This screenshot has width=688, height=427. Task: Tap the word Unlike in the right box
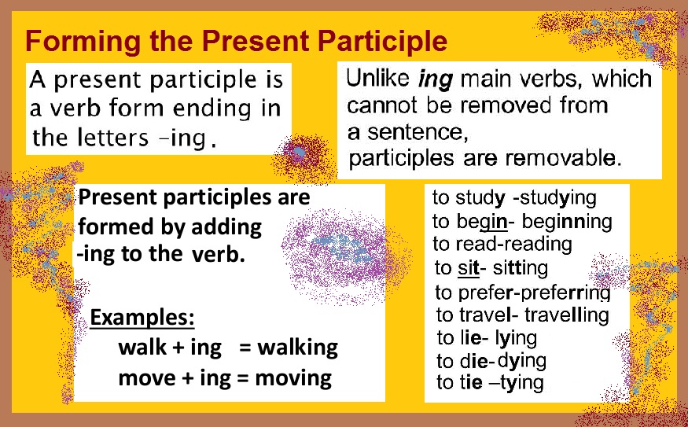pyautogui.click(x=379, y=79)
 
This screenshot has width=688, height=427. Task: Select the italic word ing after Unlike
pyautogui.click(x=436, y=81)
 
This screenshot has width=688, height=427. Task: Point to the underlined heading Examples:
pyautogui.click(x=142, y=318)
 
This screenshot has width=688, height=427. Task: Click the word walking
pyautogui.click(x=297, y=348)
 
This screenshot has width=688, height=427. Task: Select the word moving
pyautogui.click(x=293, y=379)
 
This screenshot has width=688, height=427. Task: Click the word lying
pyautogui.click(x=516, y=338)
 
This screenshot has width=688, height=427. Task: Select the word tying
pyautogui.click(x=522, y=383)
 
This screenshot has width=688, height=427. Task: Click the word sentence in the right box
pyautogui.click(x=418, y=133)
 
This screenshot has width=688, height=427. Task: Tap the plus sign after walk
pyautogui.click(x=178, y=348)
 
